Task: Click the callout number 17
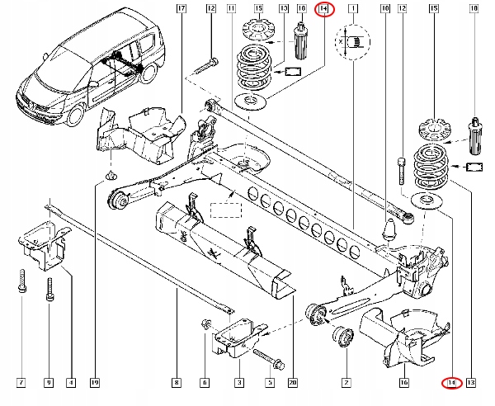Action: pyautogui.click(x=181, y=9)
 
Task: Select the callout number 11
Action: pyautogui.click(x=231, y=9)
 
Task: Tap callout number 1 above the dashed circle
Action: pyautogui.click(x=354, y=9)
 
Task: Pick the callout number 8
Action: pyautogui.click(x=176, y=382)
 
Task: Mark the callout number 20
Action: pyautogui.click(x=293, y=382)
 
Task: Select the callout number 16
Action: pyautogui.click(x=404, y=382)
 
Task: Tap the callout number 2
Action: pyautogui.click(x=346, y=382)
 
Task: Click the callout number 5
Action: pyautogui.click(x=268, y=382)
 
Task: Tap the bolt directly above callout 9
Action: pyautogui.click(x=50, y=289)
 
